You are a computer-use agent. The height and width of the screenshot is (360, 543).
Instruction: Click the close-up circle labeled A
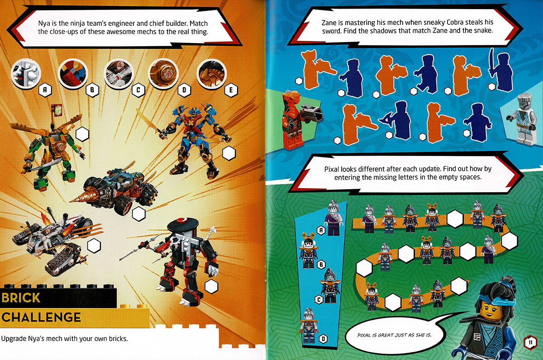pos(26,74)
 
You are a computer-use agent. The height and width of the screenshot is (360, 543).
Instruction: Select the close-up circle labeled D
pos(162,73)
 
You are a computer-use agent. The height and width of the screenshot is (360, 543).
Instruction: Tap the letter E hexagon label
pos(231,90)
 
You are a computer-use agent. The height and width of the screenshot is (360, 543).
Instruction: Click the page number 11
pos(529,342)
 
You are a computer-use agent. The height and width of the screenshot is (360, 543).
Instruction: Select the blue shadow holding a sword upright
pos(500,70)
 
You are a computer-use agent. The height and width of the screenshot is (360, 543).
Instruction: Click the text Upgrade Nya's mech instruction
pos(65,338)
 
